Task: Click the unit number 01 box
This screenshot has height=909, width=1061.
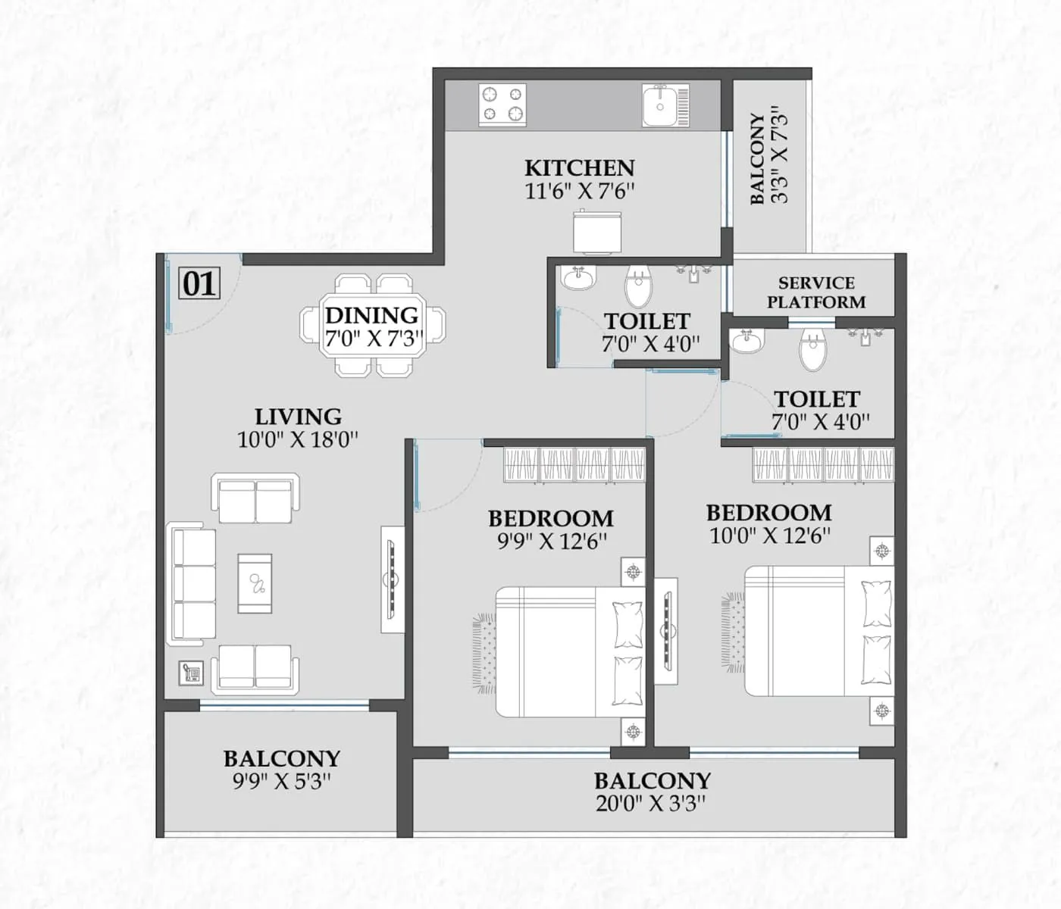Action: click(199, 284)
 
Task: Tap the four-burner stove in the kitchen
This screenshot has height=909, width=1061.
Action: click(502, 105)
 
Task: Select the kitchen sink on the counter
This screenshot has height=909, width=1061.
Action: click(665, 105)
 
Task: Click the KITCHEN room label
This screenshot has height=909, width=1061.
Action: click(580, 167)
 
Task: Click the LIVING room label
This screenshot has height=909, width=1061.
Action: click(298, 417)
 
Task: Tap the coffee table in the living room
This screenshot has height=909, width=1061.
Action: click(255, 583)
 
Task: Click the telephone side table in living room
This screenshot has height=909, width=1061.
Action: click(191, 673)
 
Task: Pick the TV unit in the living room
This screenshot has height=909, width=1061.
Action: click(392, 579)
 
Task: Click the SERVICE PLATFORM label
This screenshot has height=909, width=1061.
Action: click(815, 292)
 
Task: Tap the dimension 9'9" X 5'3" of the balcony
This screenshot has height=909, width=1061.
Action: click(281, 781)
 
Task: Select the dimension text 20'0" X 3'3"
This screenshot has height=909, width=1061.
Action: click(651, 803)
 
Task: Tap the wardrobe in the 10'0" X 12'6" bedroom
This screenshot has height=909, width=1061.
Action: click(823, 464)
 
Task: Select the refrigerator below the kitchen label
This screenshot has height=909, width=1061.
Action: click(597, 233)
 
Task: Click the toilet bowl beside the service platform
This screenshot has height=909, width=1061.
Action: click(812, 350)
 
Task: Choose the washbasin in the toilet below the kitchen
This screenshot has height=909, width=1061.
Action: click(579, 278)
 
